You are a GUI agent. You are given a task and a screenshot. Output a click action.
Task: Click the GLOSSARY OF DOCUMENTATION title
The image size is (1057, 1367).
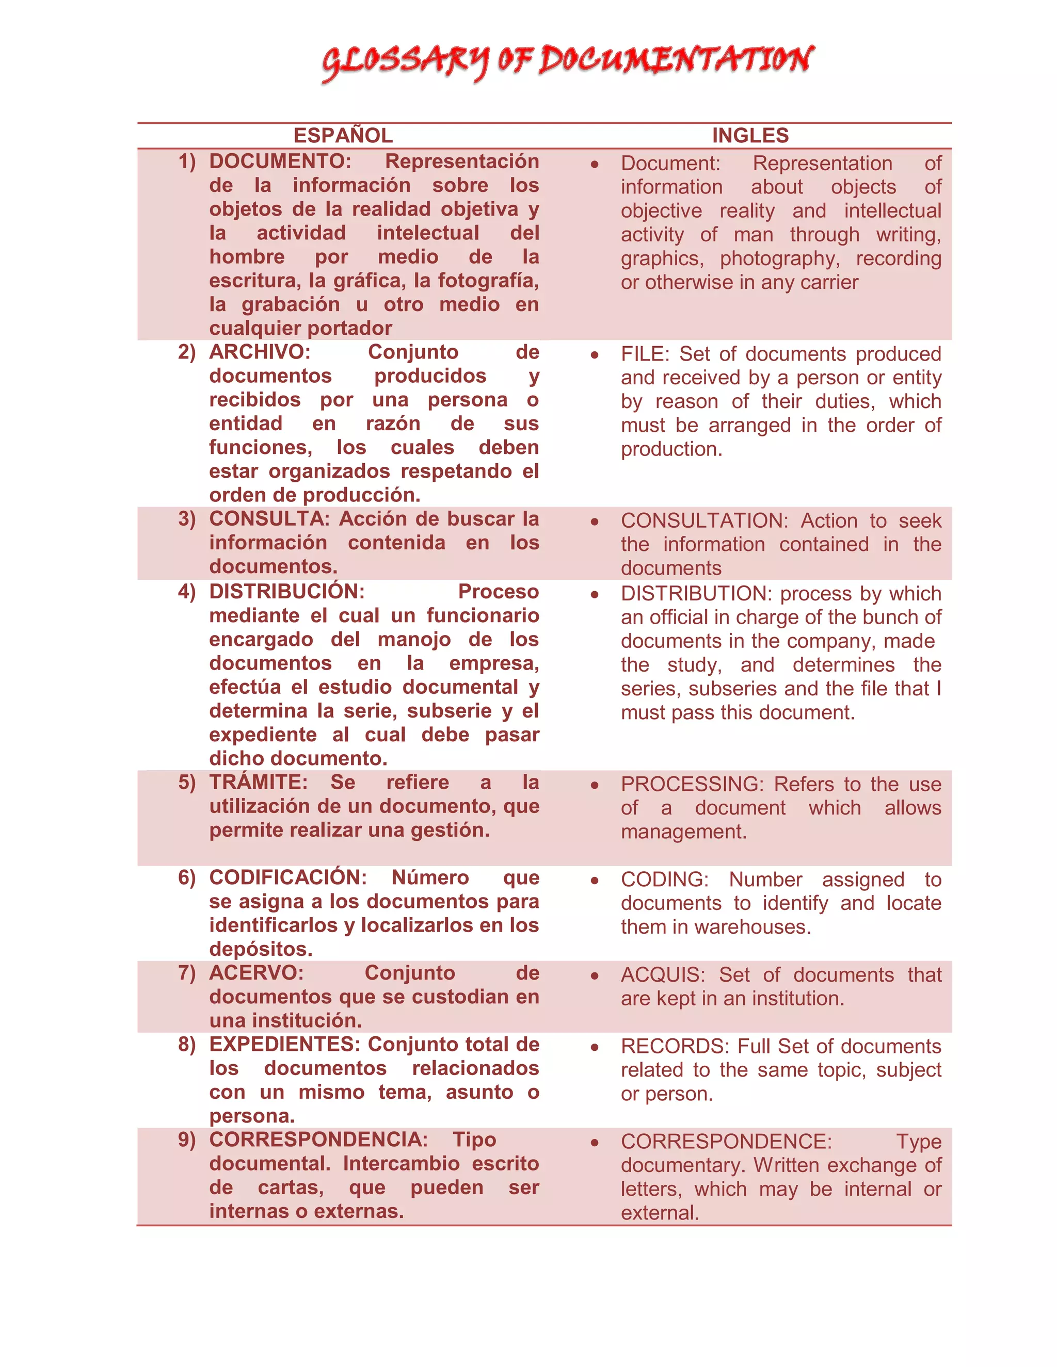coord(567,61)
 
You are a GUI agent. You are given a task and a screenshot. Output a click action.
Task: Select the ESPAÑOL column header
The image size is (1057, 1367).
coord(343,135)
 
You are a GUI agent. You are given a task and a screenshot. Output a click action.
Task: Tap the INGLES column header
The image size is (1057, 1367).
coord(750,135)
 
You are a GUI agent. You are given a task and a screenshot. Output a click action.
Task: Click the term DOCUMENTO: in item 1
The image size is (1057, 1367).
coord(280,161)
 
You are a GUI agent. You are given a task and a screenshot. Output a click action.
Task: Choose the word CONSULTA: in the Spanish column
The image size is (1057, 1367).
coord(269,519)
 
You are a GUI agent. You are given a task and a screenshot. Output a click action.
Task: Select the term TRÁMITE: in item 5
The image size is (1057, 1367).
coord(258,783)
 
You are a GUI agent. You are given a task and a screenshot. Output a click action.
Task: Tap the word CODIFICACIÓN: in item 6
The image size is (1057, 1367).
coord(287,877)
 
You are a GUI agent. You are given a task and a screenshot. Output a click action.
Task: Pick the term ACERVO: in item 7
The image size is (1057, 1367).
coord(256,973)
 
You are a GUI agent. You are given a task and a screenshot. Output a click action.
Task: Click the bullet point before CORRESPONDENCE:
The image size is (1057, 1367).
coord(594,1142)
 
